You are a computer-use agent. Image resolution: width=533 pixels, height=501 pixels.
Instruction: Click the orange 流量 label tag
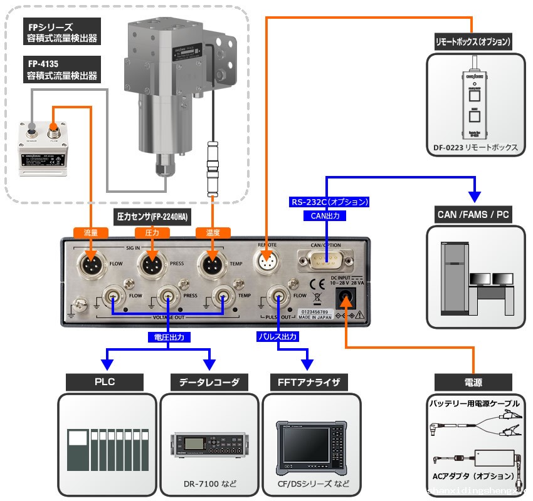(x=91, y=232)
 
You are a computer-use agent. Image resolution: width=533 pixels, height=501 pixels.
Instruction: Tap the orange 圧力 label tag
(x=152, y=232)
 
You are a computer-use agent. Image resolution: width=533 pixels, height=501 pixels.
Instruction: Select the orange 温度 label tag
(x=213, y=232)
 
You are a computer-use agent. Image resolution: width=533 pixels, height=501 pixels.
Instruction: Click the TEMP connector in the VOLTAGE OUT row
(x=223, y=296)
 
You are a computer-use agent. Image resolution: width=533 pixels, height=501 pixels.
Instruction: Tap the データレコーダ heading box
(x=209, y=381)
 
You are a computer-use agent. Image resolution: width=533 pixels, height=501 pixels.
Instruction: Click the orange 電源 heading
(x=473, y=381)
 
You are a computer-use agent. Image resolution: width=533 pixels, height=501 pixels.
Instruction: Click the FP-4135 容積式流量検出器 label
(x=61, y=70)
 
